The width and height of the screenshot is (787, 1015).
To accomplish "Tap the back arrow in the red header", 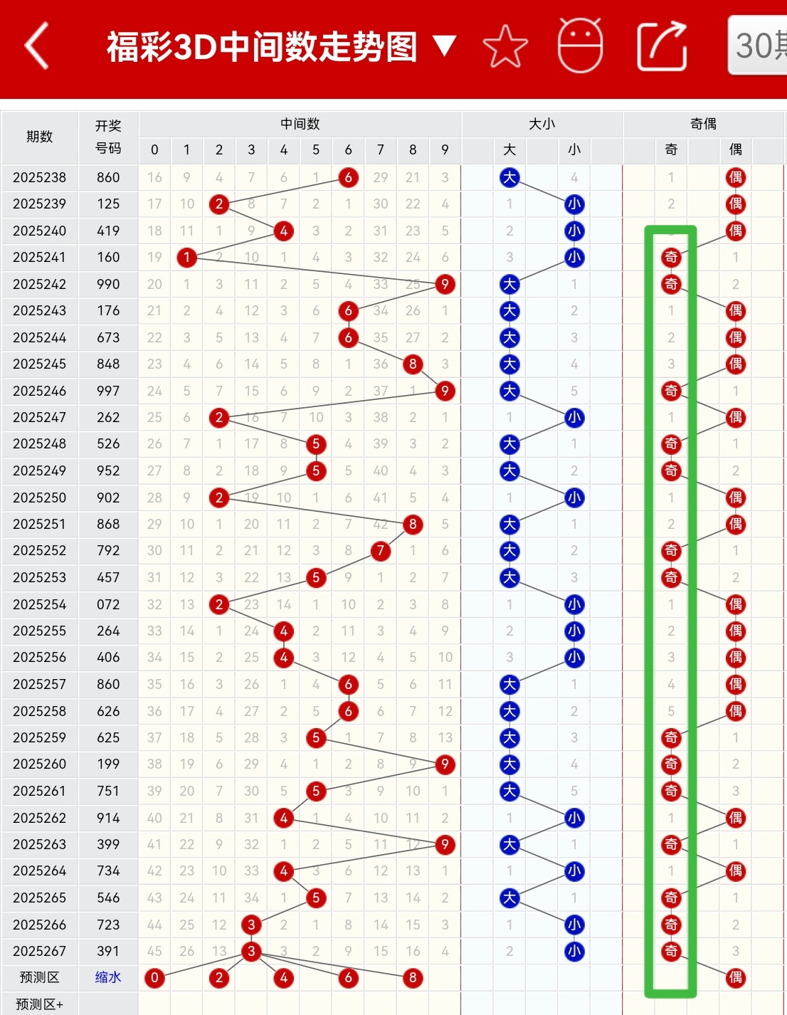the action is [36, 46].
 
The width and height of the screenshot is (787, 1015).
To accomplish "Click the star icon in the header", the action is [505, 46].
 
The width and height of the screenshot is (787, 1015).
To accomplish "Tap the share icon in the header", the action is [662, 46].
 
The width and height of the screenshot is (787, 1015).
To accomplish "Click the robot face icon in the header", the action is [580, 46].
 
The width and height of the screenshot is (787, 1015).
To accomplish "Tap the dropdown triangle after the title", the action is [445, 46].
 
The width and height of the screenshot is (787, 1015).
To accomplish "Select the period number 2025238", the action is [40, 177].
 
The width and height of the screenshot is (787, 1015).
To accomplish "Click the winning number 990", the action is [108, 284].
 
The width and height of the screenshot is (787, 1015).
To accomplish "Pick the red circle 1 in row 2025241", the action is [186, 258].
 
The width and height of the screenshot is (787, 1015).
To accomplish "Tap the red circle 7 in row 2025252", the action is [381, 551].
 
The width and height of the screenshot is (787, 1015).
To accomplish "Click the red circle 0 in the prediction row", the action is [154, 978].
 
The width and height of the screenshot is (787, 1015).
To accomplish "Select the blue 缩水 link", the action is [108, 977].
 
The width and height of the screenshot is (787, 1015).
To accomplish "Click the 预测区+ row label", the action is [40, 1004].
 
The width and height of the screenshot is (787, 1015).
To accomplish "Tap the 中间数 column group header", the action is [300, 124].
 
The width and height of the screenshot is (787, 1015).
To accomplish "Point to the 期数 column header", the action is [40, 137].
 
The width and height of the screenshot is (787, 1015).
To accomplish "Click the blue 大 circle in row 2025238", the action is [509, 177].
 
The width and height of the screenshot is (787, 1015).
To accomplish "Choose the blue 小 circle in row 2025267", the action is [574, 952].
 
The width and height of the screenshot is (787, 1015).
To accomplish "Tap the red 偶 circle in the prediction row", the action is [736, 978].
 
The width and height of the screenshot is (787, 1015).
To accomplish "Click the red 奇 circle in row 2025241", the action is [671, 258].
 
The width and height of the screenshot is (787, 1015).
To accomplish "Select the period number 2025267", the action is [40, 951].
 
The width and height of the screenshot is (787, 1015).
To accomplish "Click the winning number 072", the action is [108, 604].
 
